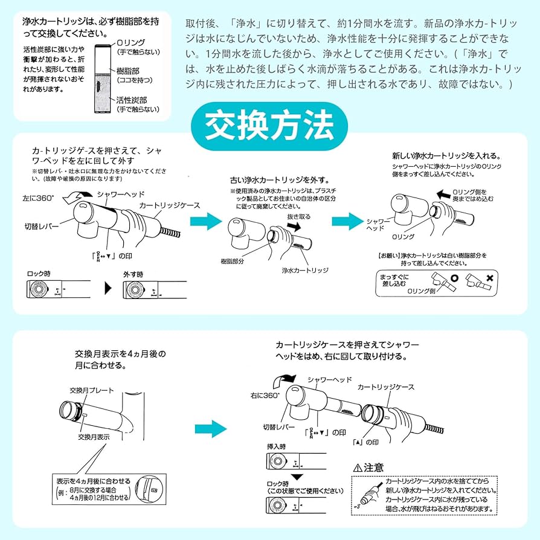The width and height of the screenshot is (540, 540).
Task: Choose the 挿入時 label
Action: click(278, 446)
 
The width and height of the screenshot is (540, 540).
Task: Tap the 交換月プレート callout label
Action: click(92, 390)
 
